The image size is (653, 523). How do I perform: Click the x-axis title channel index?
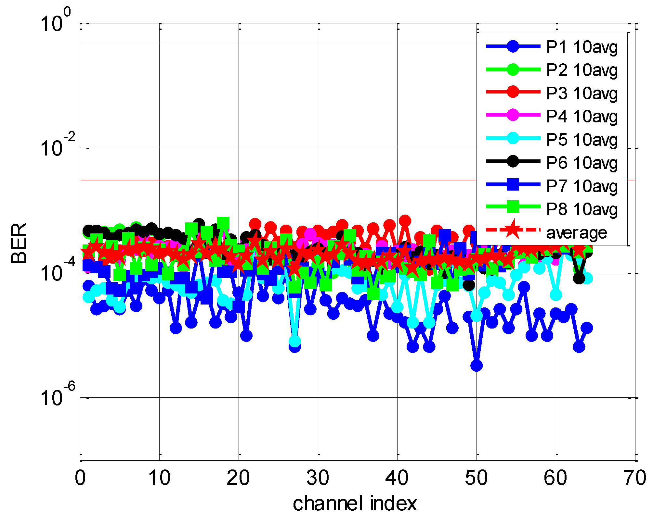point(355,504)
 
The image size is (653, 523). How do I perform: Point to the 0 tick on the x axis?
point(80,478)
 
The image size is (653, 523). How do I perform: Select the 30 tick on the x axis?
point(318,478)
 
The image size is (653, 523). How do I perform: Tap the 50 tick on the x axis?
point(477,478)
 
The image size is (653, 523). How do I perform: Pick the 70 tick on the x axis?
point(635,478)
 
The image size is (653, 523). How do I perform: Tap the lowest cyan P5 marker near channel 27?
point(294,341)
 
